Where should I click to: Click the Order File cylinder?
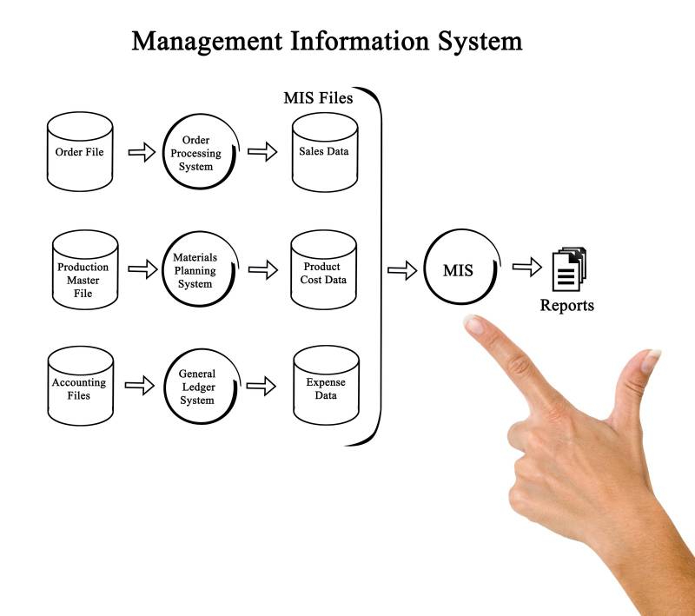click(79, 155)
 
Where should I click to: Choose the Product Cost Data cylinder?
click(324, 270)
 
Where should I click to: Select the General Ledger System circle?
click(197, 387)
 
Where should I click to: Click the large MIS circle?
click(459, 270)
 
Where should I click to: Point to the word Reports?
click(567, 306)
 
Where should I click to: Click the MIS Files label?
click(318, 98)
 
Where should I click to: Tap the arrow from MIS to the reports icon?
click(526, 268)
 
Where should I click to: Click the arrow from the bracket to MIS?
click(401, 270)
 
